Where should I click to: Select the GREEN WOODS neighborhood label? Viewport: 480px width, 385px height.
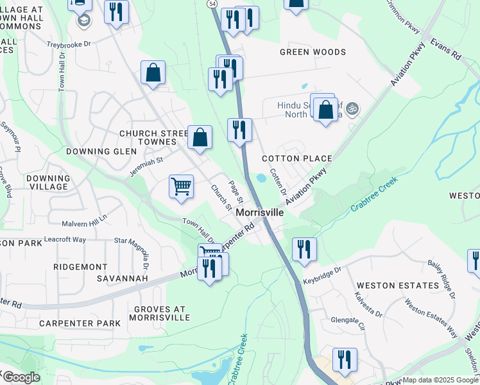313,52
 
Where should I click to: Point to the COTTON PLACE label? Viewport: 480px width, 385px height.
296,158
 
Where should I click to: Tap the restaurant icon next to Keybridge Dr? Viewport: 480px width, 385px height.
304,248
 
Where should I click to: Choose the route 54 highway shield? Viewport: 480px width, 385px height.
212,4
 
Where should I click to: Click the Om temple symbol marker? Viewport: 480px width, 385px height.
350,110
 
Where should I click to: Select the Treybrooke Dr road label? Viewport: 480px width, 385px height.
70,45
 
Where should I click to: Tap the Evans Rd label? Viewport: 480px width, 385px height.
447,48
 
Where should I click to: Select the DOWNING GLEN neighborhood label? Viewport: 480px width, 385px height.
101,151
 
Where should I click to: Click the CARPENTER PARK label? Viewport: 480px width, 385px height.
80,323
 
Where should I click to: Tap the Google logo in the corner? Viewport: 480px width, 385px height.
21,377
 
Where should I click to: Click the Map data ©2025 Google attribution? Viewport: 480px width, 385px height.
440,380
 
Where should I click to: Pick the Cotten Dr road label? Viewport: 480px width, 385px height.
277,182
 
